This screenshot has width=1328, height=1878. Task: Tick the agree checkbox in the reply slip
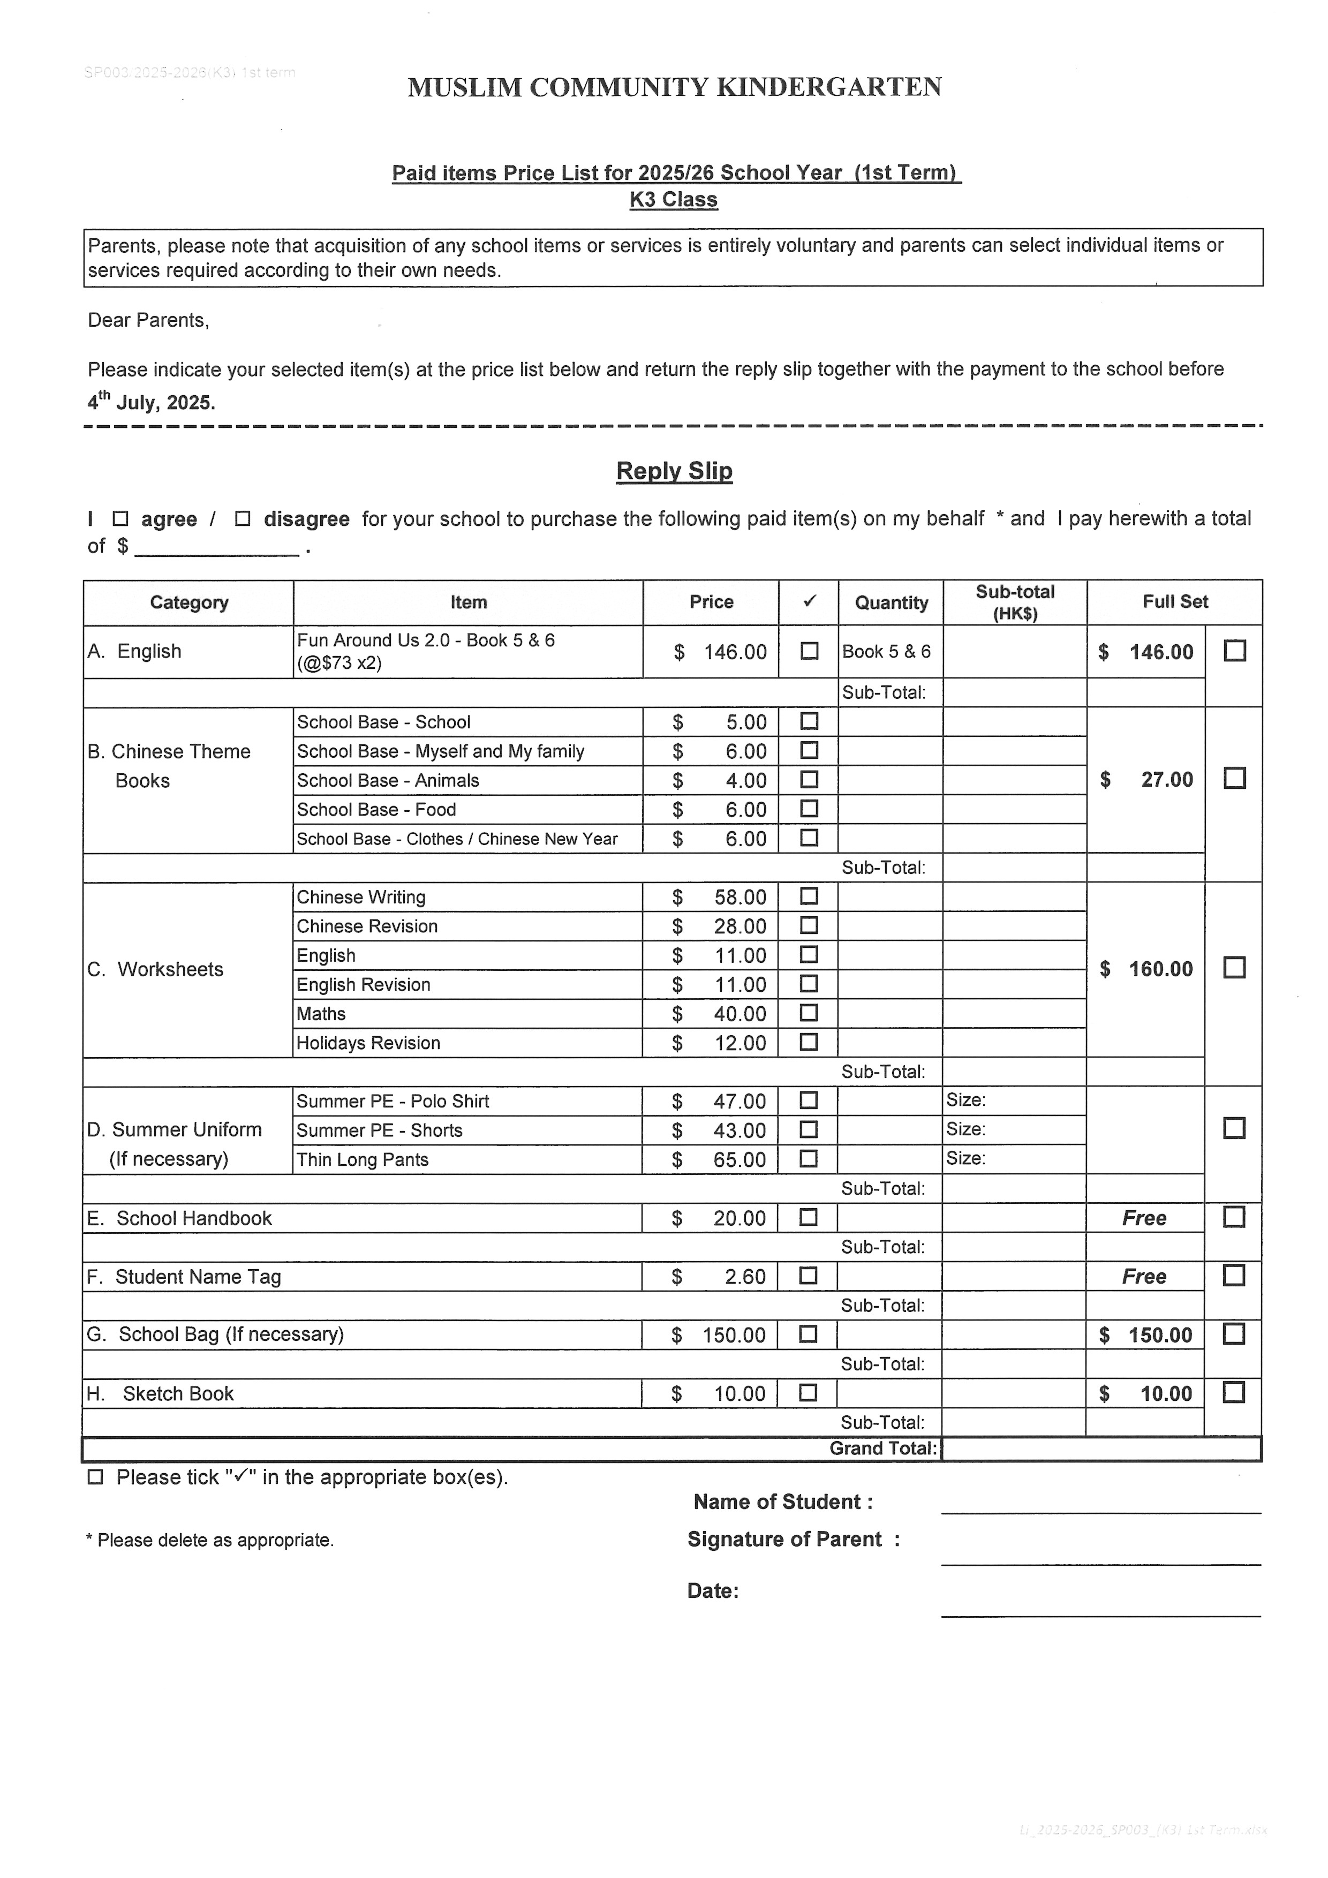point(120,518)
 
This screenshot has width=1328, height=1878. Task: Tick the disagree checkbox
point(242,518)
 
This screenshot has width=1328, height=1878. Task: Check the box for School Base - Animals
point(809,780)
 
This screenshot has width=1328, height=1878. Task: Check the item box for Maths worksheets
point(809,1013)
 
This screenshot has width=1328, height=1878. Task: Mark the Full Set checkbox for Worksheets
point(1234,968)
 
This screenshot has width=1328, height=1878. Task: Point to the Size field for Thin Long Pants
point(1014,1158)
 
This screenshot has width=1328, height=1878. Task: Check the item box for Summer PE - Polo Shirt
point(809,1100)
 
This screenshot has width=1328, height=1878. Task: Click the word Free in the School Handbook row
point(1144,1218)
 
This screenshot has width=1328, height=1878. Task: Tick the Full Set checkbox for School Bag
point(1234,1334)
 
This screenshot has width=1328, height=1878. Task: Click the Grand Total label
point(882,1448)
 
